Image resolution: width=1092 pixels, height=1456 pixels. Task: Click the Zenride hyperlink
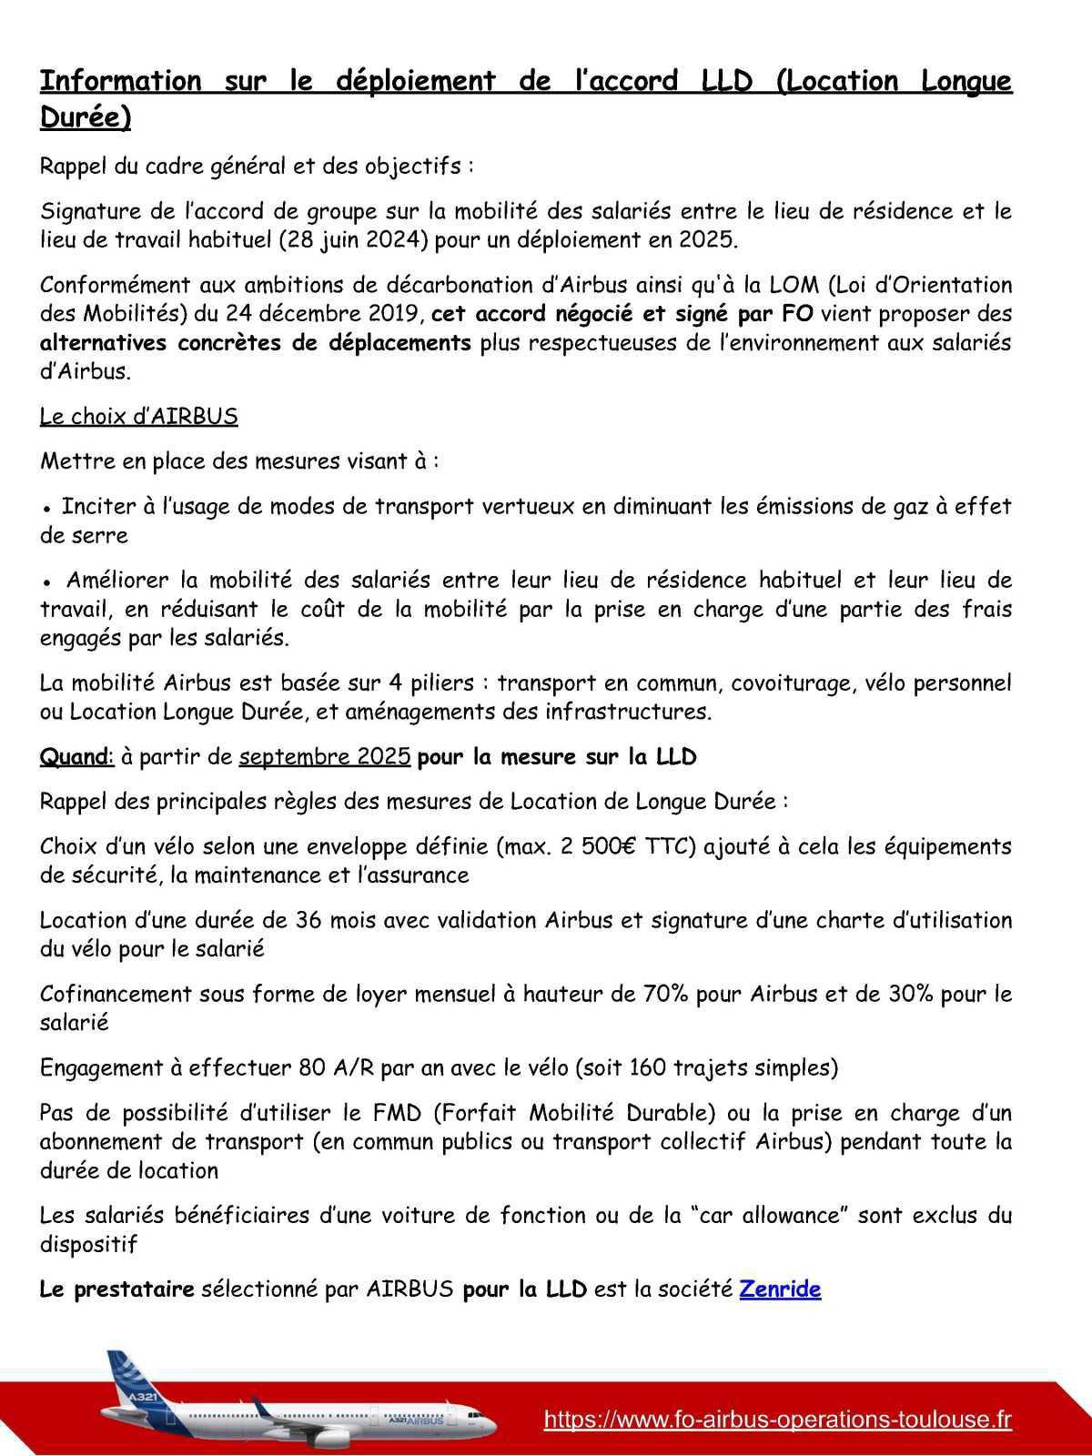[780, 1289]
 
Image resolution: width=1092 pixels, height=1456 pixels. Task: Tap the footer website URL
[777, 1420]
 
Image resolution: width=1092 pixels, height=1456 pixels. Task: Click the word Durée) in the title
[86, 118]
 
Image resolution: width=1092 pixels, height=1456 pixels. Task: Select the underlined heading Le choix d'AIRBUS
[138, 417]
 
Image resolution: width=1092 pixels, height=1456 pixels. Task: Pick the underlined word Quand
[75, 757]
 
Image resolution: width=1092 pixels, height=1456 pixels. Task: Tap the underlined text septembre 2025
[324, 757]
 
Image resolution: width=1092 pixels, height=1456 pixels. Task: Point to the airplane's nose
[492, 1424]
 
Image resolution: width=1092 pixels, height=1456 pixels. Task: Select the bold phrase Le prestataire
[116, 1289]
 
